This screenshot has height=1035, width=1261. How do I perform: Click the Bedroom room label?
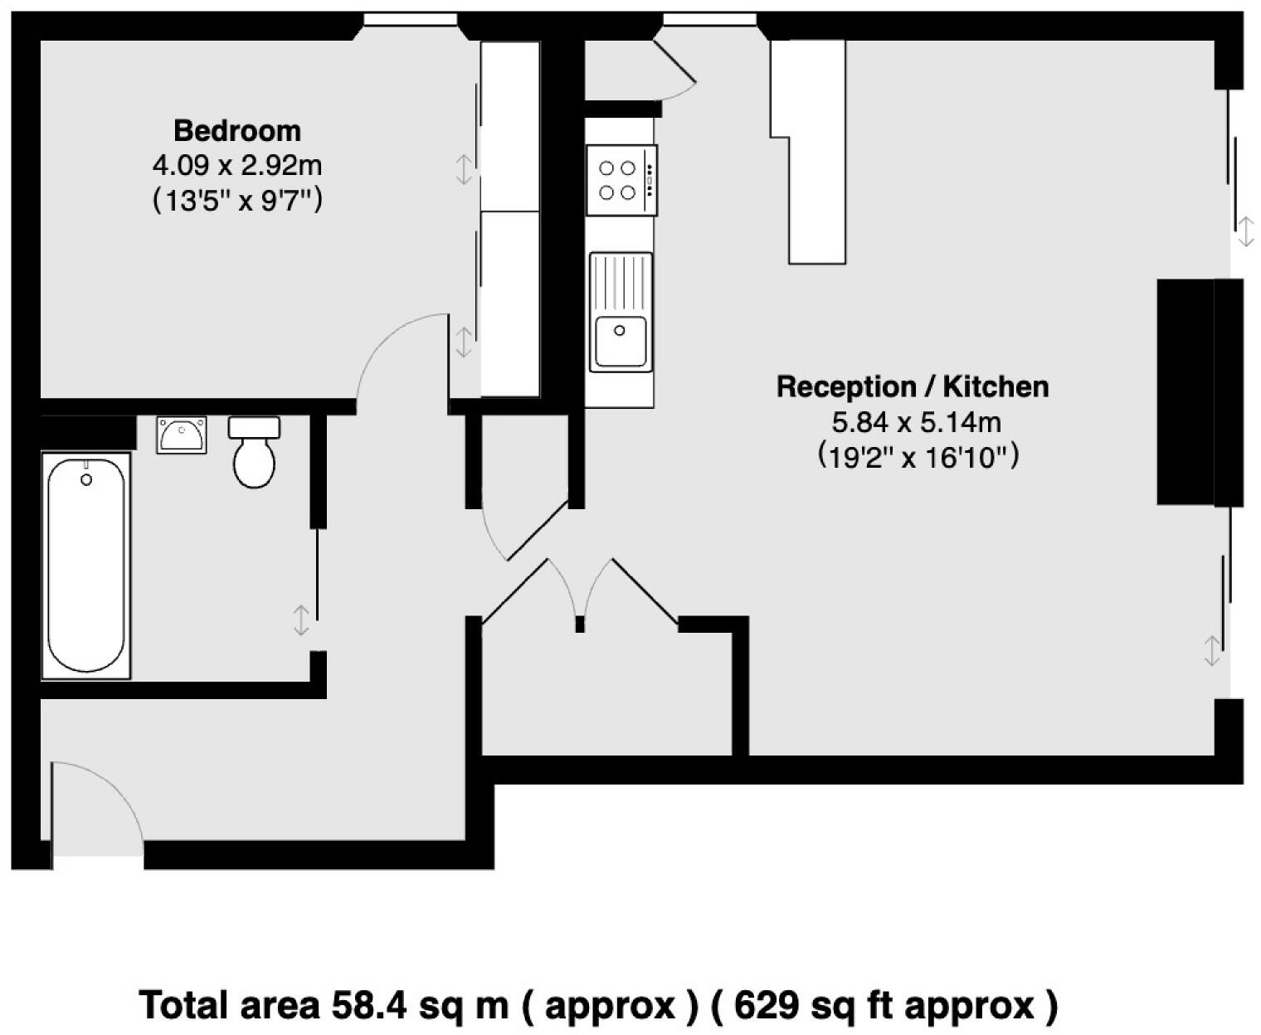click(x=237, y=131)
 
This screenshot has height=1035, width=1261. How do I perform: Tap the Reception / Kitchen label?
click(x=913, y=387)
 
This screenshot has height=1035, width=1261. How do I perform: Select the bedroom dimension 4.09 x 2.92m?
click(x=237, y=166)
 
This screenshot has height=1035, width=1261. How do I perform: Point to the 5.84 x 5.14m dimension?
click(x=917, y=423)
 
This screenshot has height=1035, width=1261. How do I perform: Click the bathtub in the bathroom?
click(x=86, y=566)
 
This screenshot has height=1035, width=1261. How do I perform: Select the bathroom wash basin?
click(x=182, y=435)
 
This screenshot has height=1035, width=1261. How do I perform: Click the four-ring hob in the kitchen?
click(x=621, y=180)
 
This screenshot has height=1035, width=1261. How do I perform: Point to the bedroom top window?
click(x=411, y=19)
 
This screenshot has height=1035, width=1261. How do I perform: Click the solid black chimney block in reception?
click(x=1186, y=391)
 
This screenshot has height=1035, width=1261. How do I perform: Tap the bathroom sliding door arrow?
click(x=301, y=620)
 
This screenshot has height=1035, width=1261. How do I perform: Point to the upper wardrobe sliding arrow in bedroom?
click(x=464, y=169)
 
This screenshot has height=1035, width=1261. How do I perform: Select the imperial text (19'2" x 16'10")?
click(x=917, y=457)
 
